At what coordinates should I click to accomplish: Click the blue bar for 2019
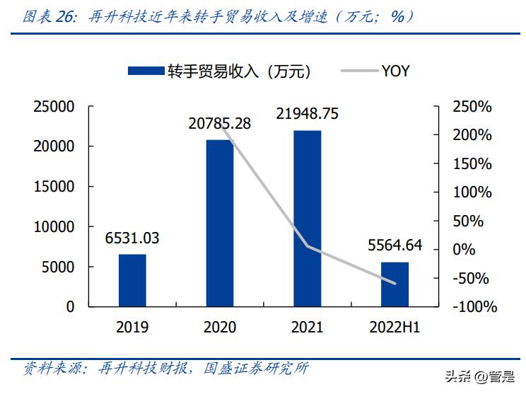(x=131, y=280)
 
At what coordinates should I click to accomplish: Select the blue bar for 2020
(x=219, y=223)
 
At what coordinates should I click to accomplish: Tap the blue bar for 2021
(x=307, y=218)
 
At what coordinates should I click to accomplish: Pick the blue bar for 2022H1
(x=394, y=284)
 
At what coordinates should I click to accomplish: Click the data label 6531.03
(x=131, y=238)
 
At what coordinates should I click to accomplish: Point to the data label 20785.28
(x=219, y=123)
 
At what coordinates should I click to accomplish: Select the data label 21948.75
(x=307, y=113)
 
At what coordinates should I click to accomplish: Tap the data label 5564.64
(x=394, y=245)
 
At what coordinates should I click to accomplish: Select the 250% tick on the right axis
(x=472, y=107)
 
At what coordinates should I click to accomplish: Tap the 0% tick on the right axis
(x=463, y=250)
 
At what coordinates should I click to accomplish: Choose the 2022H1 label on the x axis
(x=394, y=328)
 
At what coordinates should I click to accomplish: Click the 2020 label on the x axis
(x=219, y=328)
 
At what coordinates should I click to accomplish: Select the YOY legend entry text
(x=395, y=71)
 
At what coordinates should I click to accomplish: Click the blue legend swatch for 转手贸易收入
(x=145, y=71)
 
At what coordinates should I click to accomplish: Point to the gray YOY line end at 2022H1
(x=394, y=284)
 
